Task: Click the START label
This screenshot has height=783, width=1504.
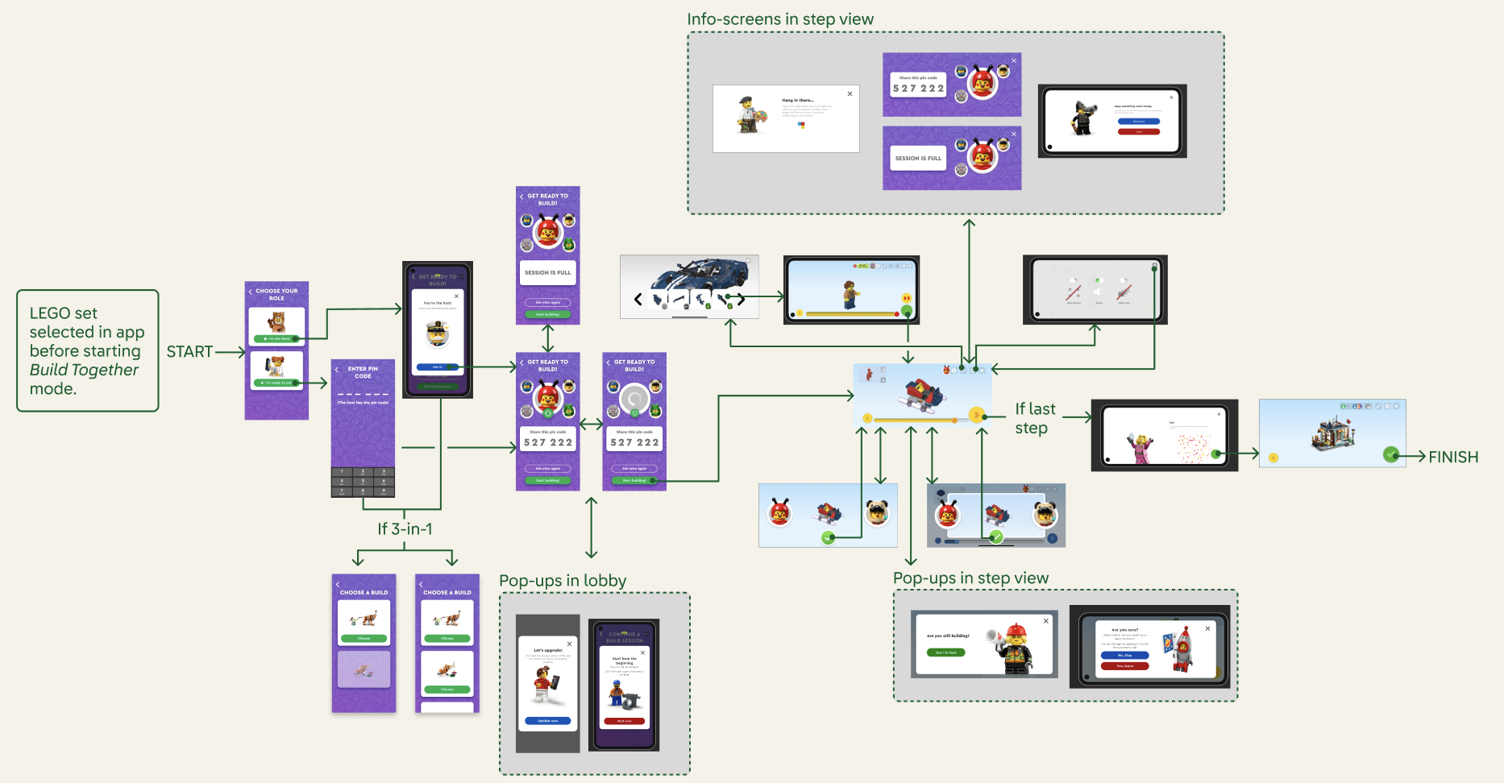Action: click(x=189, y=352)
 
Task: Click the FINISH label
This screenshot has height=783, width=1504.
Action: click(x=1452, y=458)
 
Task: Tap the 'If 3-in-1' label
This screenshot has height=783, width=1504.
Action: click(x=405, y=529)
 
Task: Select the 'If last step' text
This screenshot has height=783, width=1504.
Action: click(x=1035, y=419)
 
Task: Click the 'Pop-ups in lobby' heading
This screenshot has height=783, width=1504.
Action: click(x=563, y=581)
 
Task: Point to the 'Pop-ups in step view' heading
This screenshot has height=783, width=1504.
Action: click(x=970, y=578)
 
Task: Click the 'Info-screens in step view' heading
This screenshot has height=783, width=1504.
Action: click(x=779, y=19)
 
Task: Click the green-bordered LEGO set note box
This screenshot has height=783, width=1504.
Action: click(x=87, y=350)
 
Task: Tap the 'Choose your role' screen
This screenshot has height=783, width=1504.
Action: click(x=276, y=350)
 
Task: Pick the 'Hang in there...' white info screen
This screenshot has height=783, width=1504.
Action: click(x=786, y=118)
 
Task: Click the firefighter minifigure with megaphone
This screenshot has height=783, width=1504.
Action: click(x=1014, y=647)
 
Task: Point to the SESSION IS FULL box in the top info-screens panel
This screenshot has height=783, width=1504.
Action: click(x=918, y=158)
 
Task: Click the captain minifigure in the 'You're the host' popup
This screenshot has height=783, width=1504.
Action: click(x=438, y=333)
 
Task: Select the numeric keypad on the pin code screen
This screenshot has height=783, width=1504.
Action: click(x=363, y=482)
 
